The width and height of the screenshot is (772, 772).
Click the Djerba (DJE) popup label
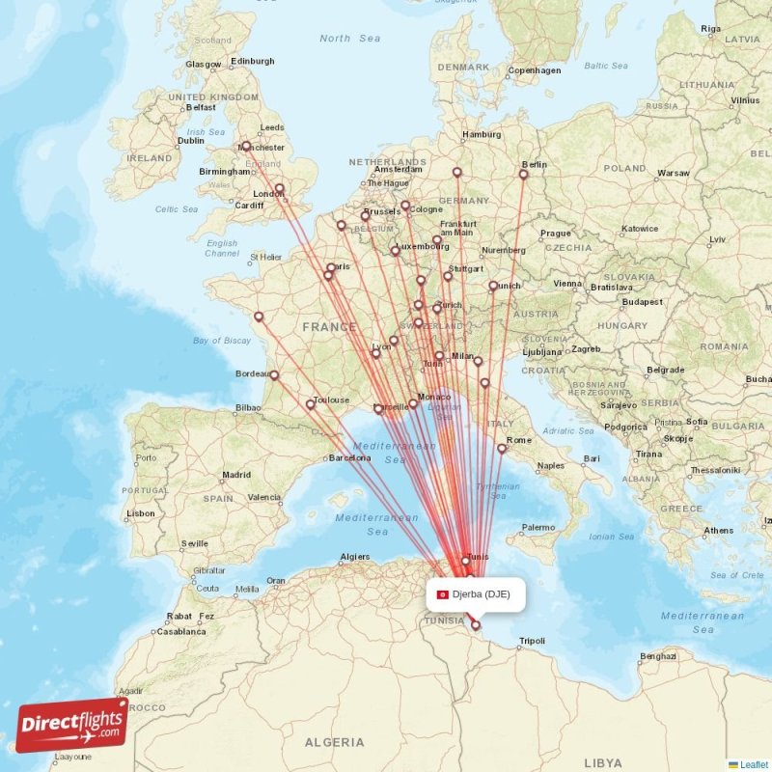[480, 594]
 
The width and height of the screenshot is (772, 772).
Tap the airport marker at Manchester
[246, 147]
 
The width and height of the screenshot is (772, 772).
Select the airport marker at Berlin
[524, 175]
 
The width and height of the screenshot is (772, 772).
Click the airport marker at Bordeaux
[274, 375]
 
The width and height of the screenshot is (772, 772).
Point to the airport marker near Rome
[502, 448]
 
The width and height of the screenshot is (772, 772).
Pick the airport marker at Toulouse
[310, 404]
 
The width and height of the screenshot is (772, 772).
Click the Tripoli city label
[532, 641]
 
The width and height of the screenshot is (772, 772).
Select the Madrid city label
[236, 475]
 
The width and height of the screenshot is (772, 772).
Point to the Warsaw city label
[673, 174]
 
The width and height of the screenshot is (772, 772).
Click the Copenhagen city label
[535, 70]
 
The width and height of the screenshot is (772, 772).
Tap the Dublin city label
[190, 141]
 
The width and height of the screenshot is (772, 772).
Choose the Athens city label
[719, 531]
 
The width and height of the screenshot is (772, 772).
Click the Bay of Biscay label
[222, 341]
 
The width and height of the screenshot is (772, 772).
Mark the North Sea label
[349, 39]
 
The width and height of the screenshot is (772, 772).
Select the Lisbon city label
[140, 513]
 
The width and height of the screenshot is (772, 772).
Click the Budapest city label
[643, 302]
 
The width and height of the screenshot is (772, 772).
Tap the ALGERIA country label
[335, 742]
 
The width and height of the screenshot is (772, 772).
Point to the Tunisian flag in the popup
[443, 594]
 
